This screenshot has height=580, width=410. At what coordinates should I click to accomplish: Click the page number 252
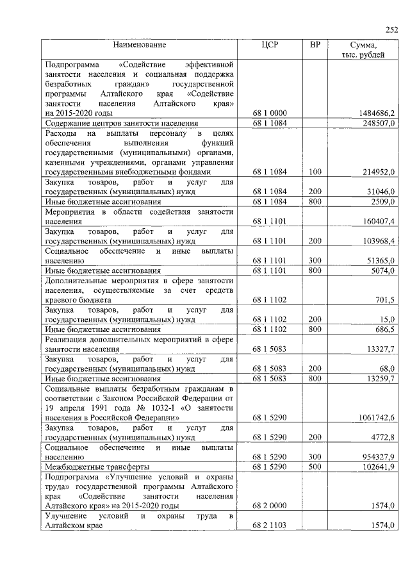[x=391, y=29]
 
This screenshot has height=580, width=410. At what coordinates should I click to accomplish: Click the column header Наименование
[x=140, y=45]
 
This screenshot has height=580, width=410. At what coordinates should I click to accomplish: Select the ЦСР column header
[x=270, y=45]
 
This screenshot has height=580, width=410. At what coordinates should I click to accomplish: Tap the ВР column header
[x=315, y=45]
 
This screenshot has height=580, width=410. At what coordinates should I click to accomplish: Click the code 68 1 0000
[x=270, y=113]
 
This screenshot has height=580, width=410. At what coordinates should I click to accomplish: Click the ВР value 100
[x=315, y=172]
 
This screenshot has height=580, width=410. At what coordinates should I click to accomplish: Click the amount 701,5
[x=384, y=299]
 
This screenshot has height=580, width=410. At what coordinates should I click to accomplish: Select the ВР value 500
[x=315, y=466]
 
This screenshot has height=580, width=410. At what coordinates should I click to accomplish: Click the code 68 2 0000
[x=270, y=506]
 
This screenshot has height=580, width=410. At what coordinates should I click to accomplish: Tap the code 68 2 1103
[x=270, y=526]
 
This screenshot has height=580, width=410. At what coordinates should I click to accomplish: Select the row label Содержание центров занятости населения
[x=122, y=123]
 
